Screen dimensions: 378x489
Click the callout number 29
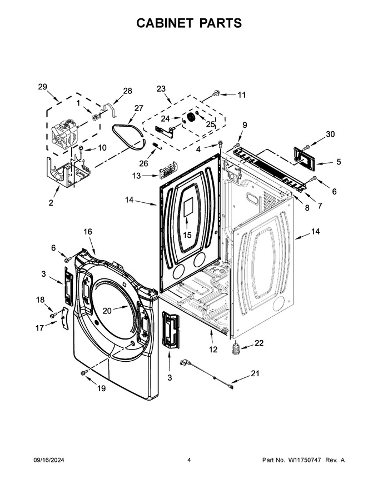pyautogui.click(x=42, y=87)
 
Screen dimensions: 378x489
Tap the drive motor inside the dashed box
pyautogui.click(x=64, y=133)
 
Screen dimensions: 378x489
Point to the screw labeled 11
pyautogui.click(x=216, y=93)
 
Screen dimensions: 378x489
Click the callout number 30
pyautogui.click(x=330, y=134)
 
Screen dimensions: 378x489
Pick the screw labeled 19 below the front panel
pyautogui.click(x=83, y=373)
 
